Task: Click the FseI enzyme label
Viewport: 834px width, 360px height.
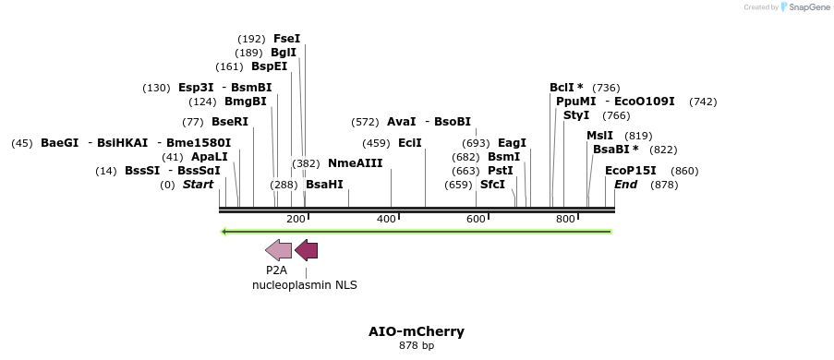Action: [x=286, y=39]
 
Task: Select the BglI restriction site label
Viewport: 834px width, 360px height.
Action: [x=284, y=53]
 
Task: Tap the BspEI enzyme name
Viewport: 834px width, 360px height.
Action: [x=269, y=66]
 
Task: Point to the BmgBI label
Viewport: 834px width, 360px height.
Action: [x=245, y=102]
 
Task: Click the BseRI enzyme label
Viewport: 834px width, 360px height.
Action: [x=230, y=122]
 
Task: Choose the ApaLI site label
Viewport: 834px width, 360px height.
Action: [x=209, y=157]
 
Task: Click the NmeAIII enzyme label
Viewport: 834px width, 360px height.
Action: [x=355, y=163]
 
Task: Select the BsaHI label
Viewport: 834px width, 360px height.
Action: [x=324, y=185]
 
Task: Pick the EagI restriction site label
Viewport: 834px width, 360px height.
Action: [x=512, y=143]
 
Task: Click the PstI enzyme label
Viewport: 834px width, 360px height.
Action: [x=500, y=171]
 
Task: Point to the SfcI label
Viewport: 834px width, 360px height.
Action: [x=492, y=185]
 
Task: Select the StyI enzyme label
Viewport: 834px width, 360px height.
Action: [x=576, y=115]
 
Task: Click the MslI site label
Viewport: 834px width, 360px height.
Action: [x=599, y=136]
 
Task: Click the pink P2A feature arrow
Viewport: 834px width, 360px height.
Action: [x=278, y=249]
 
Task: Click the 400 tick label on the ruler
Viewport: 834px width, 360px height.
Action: [x=386, y=219]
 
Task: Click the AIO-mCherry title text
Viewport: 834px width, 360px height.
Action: [x=417, y=331]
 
